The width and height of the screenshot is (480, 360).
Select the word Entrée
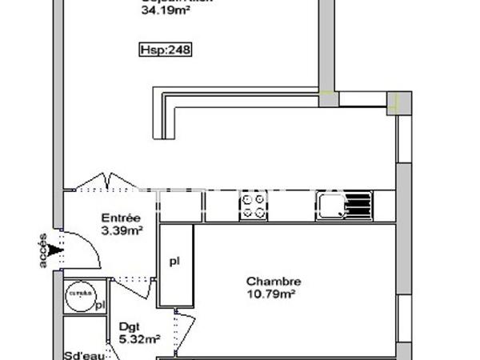tap(122, 218)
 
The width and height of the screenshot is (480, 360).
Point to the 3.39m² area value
tap(122, 231)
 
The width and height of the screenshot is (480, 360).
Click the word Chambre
tap(274, 282)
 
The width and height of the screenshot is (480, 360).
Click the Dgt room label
tap(128, 327)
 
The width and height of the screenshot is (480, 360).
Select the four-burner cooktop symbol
tap(253, 206)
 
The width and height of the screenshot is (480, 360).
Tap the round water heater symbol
tap(79, 294)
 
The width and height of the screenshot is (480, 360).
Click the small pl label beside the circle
tap(100, 305)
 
